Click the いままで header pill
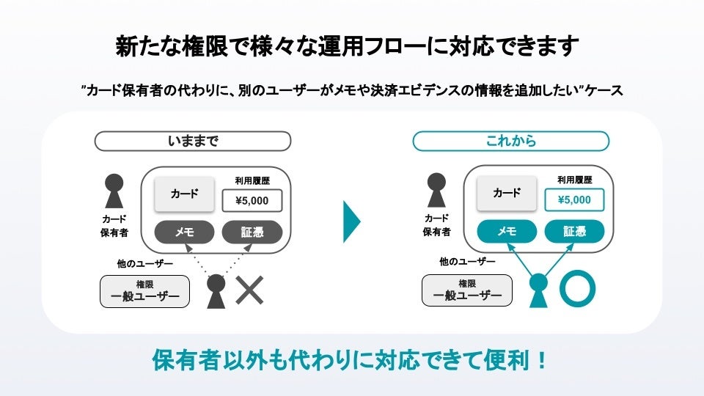coord(193,141)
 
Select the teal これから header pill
coord(511,141)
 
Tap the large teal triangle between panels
coord(351,220)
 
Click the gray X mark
coord(249,290)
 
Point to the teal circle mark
coord(577,289)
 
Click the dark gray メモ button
coord(184,232)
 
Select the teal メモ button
coord(507,232)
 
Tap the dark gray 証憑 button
coord(252,232)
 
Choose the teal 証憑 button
coord(574,232)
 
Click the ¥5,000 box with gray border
coord(252,200)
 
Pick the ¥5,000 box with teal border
coord(574,200)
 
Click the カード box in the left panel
coord(184,194)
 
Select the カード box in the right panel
coord(507,194)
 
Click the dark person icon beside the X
coord(216,290)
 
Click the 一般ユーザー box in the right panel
coord(468,291)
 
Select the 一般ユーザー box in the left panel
coord(145,291)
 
